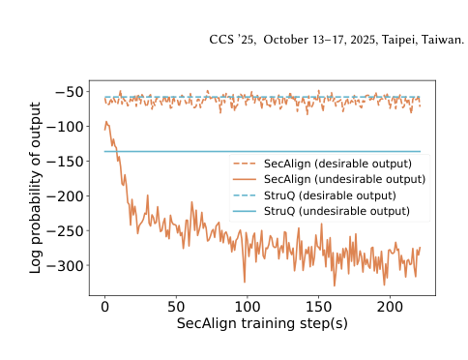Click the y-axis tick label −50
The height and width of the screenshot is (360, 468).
[73, 92]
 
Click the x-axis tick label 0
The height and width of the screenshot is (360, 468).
[104, 307]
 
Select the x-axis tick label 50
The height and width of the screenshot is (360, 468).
[175, 307]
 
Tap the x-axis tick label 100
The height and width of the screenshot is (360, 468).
[247, 307]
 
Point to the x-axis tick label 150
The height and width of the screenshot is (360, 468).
[317, 307]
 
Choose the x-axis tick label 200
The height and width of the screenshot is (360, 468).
[389, 307]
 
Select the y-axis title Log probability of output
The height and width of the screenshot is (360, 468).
[37, 184]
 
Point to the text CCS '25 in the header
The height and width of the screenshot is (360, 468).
[226, 41]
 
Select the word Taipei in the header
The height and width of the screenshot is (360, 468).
[396, 41]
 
